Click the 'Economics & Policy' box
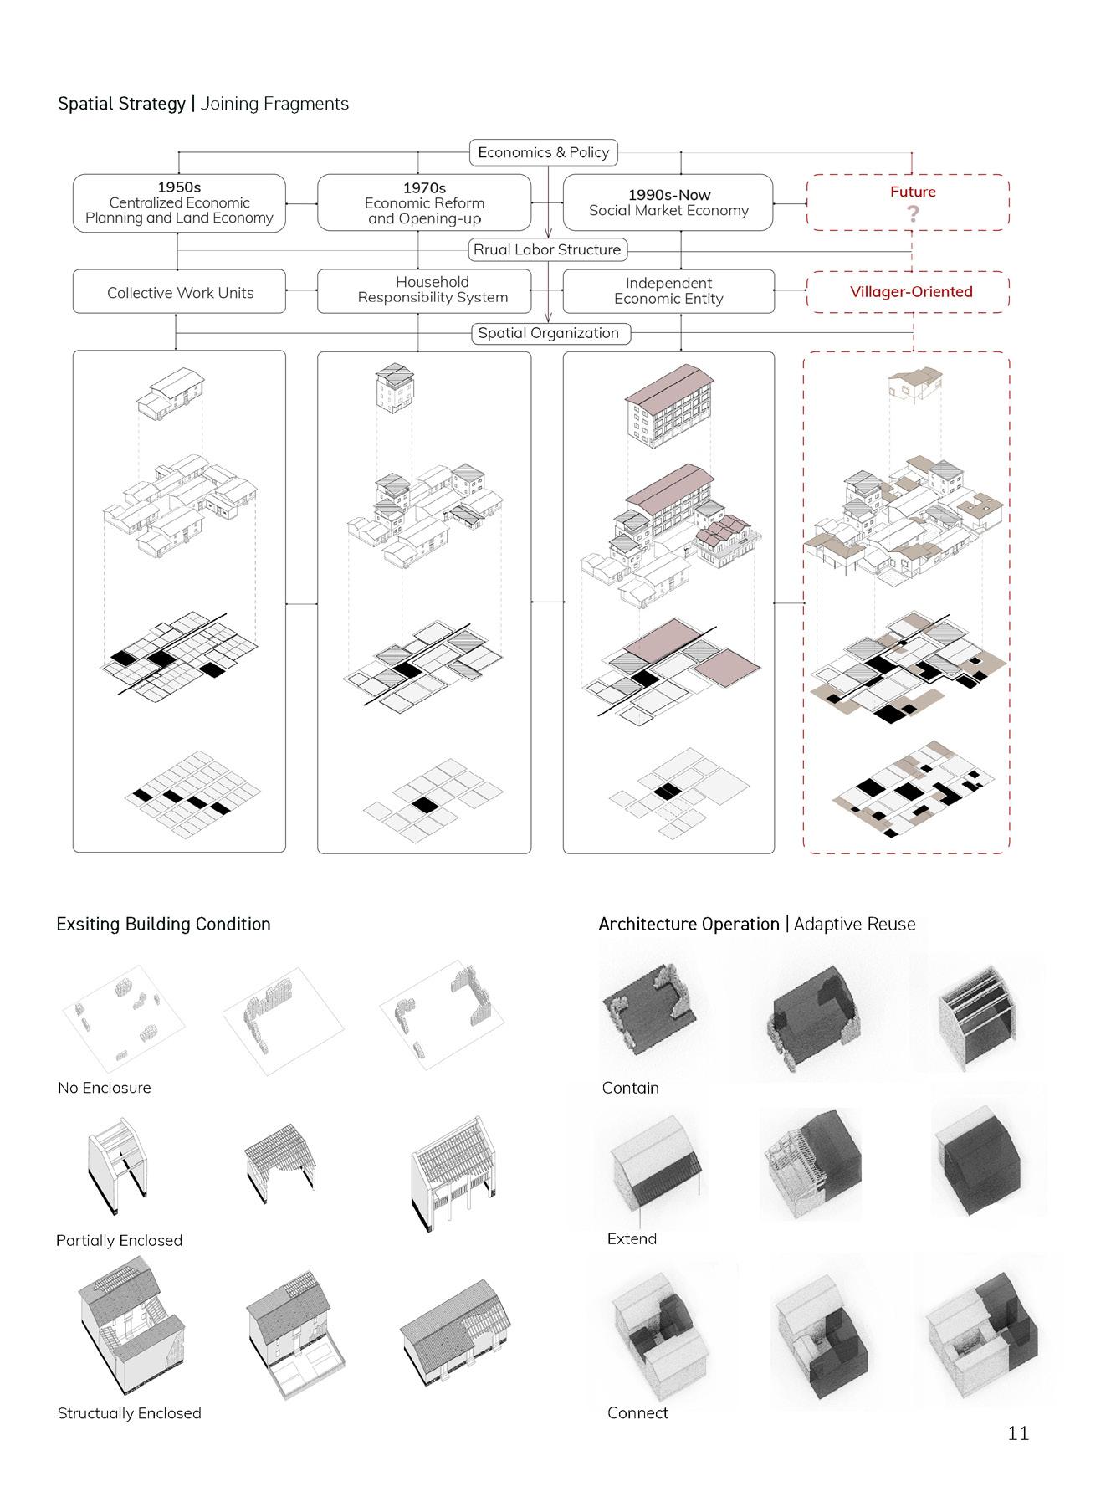(543, 152)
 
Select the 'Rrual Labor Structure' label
(547, 249)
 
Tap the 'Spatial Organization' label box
(549, 333)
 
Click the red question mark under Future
(913, 214)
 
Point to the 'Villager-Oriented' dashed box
(910, 292)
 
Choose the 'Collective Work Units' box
(180, 292)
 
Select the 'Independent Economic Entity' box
(668, 291)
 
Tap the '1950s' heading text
(179, 187)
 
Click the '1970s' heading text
(424, 188)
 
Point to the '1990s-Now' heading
(669, 195)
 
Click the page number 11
(1017, 1433)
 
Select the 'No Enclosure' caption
(105, 1088)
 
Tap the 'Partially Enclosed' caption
(119, 1240)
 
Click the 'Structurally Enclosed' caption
(130, 1413)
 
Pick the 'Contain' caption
(631, 1088)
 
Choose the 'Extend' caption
(632, 1238)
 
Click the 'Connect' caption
(637, 1413)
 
